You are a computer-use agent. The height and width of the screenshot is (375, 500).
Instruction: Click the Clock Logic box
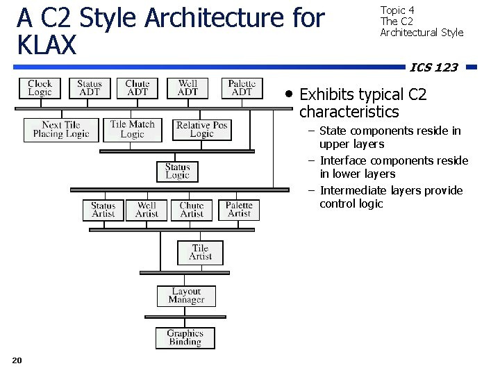[40, 88]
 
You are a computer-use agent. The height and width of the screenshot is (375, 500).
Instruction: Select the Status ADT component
[90, 88]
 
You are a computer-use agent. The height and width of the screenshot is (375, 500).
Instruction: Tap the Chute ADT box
[137, 88]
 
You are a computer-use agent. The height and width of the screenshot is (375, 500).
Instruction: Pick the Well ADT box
[187, 88]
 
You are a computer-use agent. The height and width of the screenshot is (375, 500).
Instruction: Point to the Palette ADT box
[242, 88]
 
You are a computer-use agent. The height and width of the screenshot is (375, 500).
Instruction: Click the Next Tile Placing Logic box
[61, 130]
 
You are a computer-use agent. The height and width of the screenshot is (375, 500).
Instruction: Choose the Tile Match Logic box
[132, 130]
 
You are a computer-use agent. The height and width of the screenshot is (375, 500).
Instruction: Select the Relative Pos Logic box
[201, 130]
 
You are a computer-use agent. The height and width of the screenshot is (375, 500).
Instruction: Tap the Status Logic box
[178, 172]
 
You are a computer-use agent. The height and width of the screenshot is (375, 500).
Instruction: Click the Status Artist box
[103, 210]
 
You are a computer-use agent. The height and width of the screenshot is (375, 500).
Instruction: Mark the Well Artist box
[147, 210]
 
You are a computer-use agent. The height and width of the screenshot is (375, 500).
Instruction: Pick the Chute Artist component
[192, 210]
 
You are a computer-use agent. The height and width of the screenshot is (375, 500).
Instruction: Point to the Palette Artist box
[239, 210]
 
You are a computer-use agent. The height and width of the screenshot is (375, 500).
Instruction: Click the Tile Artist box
[200, 252]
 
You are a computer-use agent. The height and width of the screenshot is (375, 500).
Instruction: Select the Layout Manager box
[186, 297]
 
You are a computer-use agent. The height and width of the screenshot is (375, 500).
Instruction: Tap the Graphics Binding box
[185, 338]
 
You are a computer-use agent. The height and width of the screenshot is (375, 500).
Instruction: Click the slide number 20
[17, 360]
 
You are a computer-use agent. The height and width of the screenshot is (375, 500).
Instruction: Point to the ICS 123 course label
[433, 67]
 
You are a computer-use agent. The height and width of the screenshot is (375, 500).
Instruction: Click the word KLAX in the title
[46, 45]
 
